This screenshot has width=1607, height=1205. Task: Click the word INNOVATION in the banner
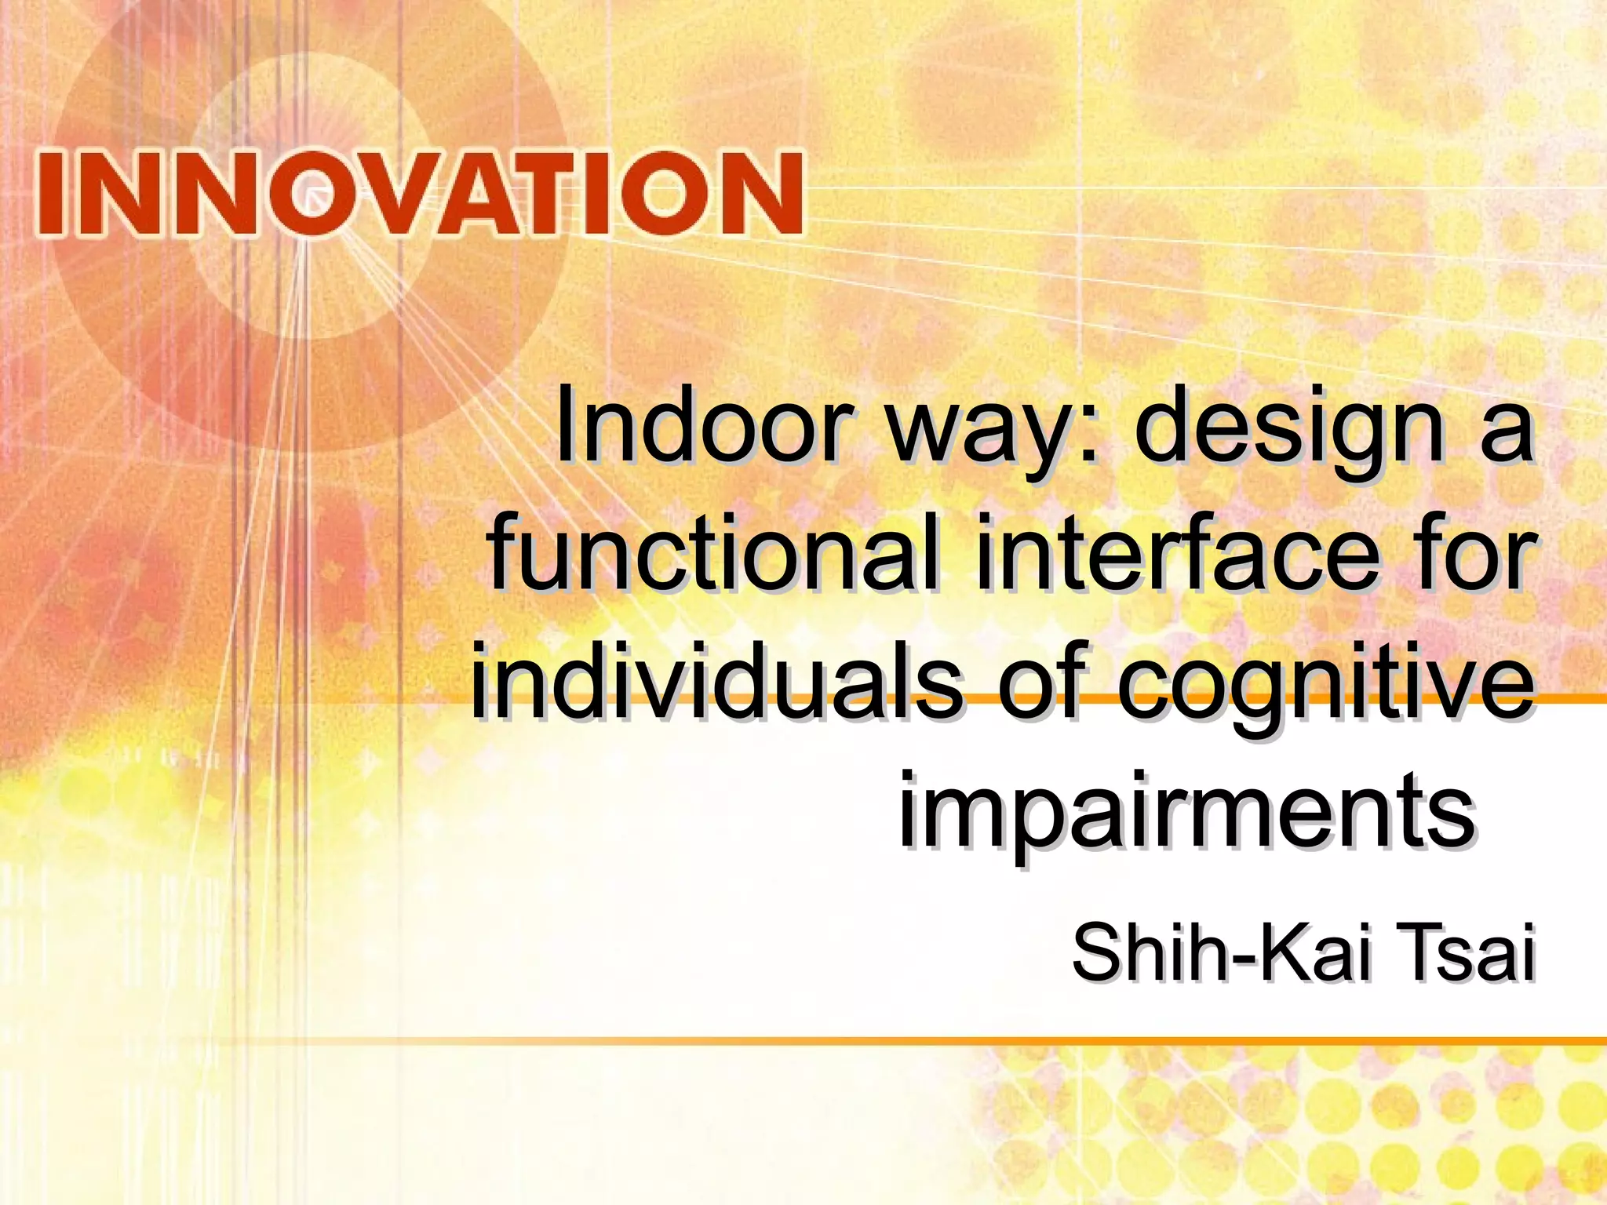tap(420, 194)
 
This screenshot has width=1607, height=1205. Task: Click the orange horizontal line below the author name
tap(942, 1041)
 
